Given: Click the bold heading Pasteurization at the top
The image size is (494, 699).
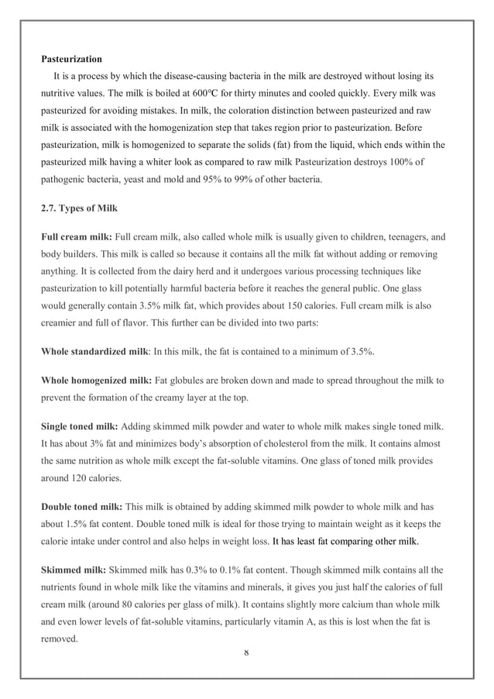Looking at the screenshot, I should point(71,59).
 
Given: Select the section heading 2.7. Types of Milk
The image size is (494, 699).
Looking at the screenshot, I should point(79,209).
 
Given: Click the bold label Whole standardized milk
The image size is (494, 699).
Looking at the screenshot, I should point(94,351).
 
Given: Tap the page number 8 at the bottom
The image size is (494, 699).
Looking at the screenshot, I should point(246,653).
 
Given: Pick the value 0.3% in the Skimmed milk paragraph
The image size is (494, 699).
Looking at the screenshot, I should point(194,570).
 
